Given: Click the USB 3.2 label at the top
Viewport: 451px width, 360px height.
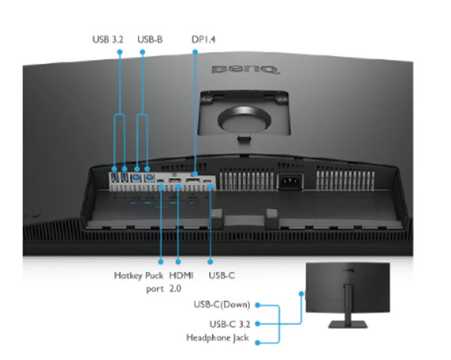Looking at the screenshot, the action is pyautogui.click(x=108, y=40).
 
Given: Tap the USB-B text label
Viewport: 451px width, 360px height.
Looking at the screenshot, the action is pyautogui.click(x=150, y=40).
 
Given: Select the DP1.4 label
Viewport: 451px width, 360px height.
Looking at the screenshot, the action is pyautogui.click(x=203, y=40).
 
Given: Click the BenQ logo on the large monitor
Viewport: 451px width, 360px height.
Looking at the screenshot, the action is pyautogui.click(x=246, y=70).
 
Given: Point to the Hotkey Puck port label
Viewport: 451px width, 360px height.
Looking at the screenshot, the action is pyautogui.click(x=139, y=282).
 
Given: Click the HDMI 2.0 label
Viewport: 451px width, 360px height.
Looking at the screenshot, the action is pyautogui.click(x=181, y=282).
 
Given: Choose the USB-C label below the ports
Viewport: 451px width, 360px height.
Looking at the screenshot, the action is pyautogui.click(x=222, y=275).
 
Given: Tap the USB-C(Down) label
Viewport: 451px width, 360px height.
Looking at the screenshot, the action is pyautogui.click(x=222, y=305).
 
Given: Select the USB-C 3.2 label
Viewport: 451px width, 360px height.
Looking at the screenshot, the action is pyautogui.click(x=229, y=324).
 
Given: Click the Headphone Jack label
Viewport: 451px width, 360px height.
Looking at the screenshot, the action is pyautogui.click(x=218, y=338).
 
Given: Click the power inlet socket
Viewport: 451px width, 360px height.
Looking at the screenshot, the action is pyautogui.click(x=290, y=181).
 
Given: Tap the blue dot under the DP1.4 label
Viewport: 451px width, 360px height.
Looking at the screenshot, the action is pyautogui.click(x=195, y=52).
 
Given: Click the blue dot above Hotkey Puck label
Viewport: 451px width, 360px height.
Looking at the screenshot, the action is pyautogui.click(x=161, y=262).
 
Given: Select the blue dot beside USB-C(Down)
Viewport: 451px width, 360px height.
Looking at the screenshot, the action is pyautogui.click(x=258, y=305).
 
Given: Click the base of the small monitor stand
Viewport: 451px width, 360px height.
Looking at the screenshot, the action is pyautogui.click(x=348, y=324).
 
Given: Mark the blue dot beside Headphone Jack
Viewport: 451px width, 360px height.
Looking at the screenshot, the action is pyautogui.click(x=258, y=343).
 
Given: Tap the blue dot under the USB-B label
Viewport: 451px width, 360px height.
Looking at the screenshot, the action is pyautogui.click(x=142, y=52).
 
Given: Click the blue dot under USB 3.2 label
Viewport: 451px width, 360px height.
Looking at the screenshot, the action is pyautogui.click(x=120, y=52).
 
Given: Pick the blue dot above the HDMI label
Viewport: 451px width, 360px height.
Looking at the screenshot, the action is pyautogui.click(x=178, y=262).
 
